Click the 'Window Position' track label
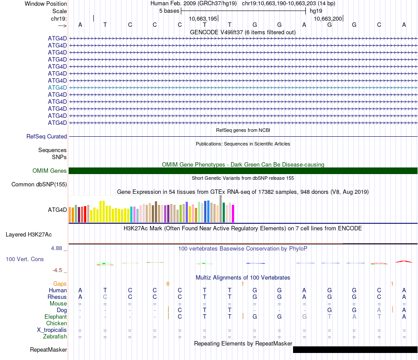(46, 4)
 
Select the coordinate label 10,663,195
(203, 19)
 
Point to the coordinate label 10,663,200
(328, 19)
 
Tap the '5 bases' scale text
(169, 11)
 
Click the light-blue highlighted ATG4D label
(57, 87)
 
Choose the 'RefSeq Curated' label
(47, 137)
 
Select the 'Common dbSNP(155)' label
(39, 185)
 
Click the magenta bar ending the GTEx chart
(233, 213)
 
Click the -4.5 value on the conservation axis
(59, 270)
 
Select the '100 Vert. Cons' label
(25, 259)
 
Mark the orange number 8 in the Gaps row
(168, 284)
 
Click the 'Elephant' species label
(55, 317)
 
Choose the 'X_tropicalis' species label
(52, 330)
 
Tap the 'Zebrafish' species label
(55, 337)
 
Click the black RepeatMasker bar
(355, 349)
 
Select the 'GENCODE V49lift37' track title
(242, 32)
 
